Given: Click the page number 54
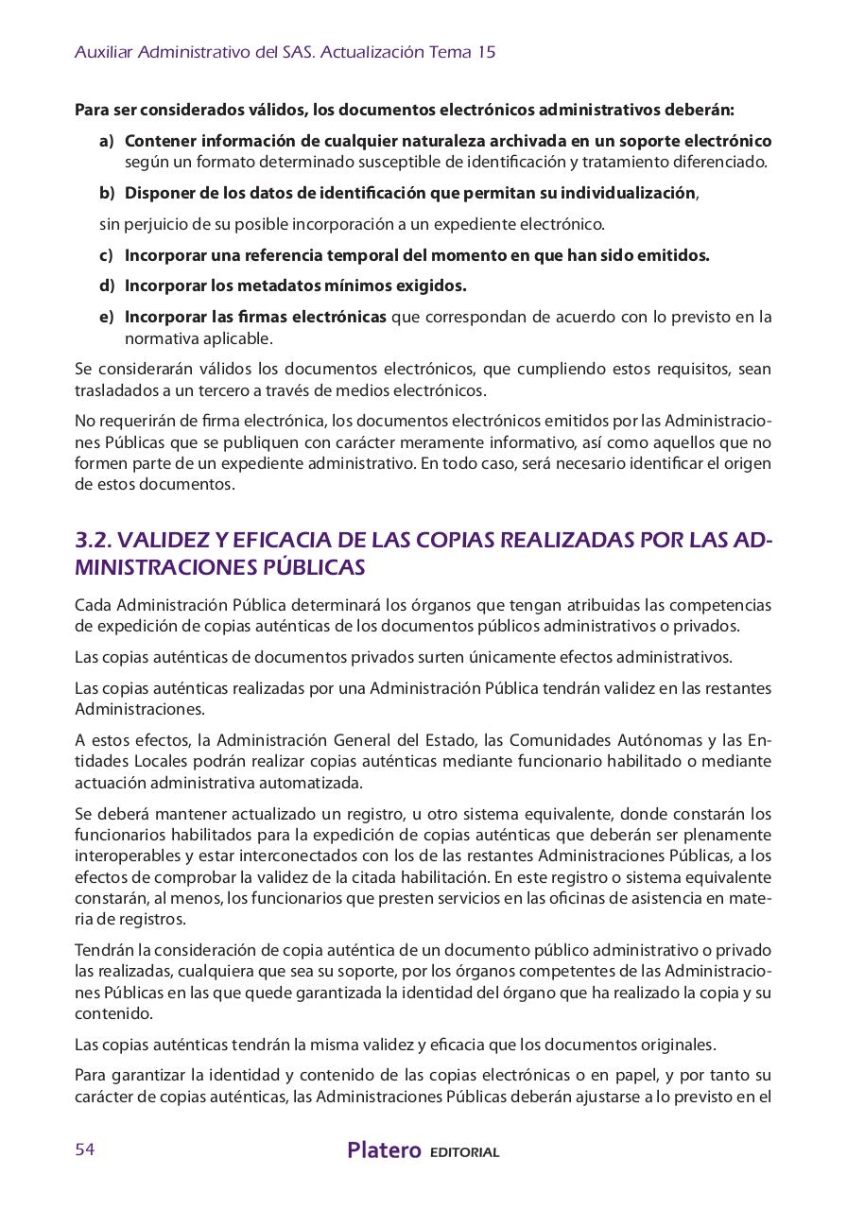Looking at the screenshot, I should click(x=85, y=1149).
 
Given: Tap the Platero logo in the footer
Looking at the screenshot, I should click(x=384, y=1150).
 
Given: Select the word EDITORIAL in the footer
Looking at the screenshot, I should click(x=464, y=1152).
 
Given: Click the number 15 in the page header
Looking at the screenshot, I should click(x=486, y=53).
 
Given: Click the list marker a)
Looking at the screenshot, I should click(x=107, y=141).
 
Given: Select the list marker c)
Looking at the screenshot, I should click(x=107, y=255).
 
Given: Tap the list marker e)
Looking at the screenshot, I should click(x=107, y=317).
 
